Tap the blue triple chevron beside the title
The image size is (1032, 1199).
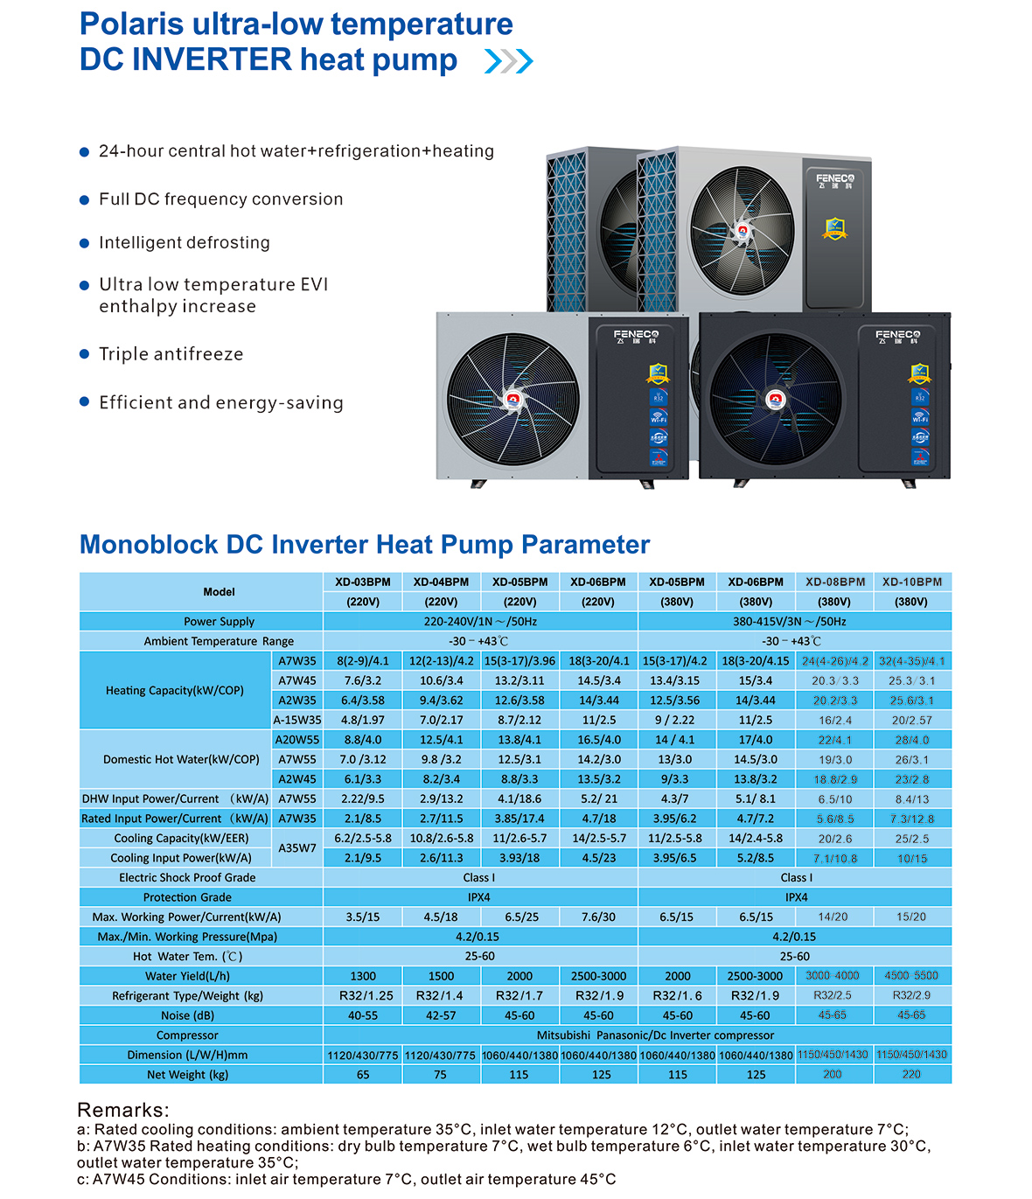point(508,61)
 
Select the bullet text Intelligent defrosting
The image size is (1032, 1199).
point(185,242)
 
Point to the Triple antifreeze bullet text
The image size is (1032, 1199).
point(171,354)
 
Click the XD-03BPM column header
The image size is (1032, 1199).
point(363,582)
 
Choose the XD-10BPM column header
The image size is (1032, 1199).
point(912,582)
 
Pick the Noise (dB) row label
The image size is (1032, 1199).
point(187,1015)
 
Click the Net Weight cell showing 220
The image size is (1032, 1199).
point(911,1074)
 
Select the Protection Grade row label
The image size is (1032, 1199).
point(187,897)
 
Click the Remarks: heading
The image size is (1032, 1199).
point(123,1110)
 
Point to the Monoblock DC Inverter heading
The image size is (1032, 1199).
point(365,545)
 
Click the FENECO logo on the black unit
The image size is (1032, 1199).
point(897,335)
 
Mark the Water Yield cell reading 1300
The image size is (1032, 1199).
point(363,976)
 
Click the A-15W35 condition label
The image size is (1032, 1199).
point(297,720)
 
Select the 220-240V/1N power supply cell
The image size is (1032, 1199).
point(480,622)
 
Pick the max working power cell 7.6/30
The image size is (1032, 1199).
point(598,917)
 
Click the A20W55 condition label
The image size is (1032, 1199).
point(297,740)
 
